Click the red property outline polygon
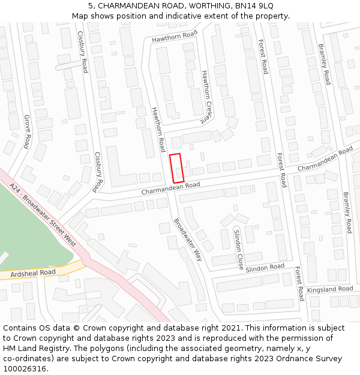point(176,168)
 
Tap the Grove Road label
point(27,131)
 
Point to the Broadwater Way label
point(188,239)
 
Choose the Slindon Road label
point(265,267)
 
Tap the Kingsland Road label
point(330,289)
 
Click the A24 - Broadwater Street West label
point(43,215)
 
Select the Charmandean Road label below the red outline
point(170,188)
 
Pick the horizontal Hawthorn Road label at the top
point(174,36)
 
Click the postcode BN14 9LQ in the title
point(254,5)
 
